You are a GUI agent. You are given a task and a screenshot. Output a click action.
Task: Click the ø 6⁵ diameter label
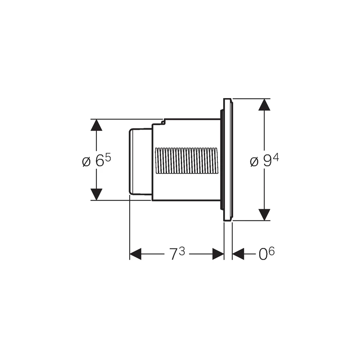click(96, 160)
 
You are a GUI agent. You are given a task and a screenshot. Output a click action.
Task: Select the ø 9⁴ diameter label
click(264, 160)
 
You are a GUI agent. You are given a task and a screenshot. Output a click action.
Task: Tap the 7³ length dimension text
click(177, 254)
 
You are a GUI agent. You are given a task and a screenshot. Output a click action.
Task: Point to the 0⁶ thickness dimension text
click(266, 254)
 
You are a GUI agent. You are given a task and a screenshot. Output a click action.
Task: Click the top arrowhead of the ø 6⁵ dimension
click(96, 125)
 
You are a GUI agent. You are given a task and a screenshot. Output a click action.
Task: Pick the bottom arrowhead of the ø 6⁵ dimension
click(96, 194)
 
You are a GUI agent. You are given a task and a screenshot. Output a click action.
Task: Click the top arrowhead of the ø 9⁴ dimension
click(264, 105)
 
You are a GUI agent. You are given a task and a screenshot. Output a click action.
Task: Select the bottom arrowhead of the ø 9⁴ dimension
click(264, 215)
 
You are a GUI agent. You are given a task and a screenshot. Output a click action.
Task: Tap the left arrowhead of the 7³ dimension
click(135, 254)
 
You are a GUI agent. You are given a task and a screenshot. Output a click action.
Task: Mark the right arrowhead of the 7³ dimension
click(218, 254)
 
